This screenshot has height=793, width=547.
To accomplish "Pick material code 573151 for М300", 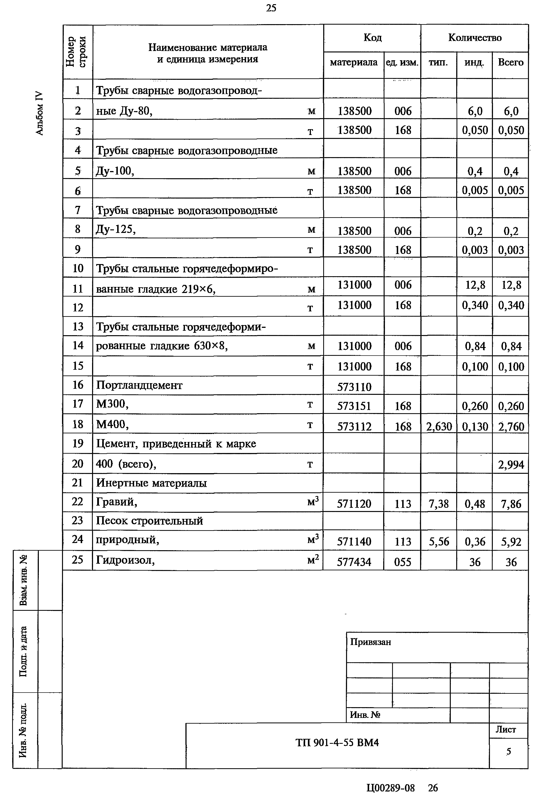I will (x=354, y=406).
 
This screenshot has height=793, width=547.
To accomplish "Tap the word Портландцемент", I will (x=139, y=385).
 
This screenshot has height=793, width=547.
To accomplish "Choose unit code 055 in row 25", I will (x=402, y=562).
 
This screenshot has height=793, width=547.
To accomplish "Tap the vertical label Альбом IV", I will (x=40, y=113).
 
